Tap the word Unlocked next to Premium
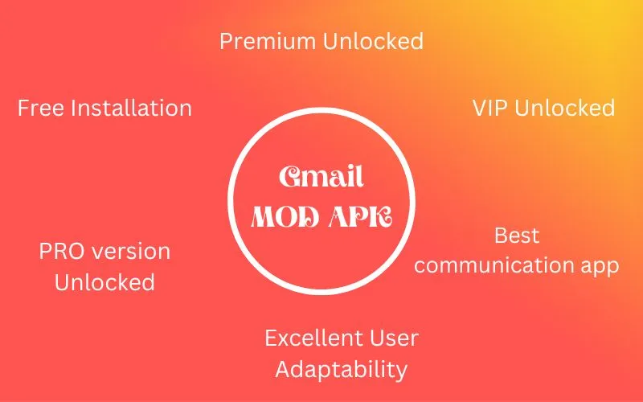coord(373,41)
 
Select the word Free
coord(40,109)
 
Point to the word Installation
coord(131,109)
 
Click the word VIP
coord(489,109)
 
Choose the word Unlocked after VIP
coord(565,108)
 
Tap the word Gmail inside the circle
coord(321,176)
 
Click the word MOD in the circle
coord(285,216)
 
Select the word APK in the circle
coord(360,216)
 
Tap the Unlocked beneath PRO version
coord(104,282)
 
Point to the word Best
coord(517,236)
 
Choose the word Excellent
coord(313,338)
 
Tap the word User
coord(394,338)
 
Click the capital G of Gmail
coord(293,176)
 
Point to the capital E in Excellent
coord(271,338)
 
